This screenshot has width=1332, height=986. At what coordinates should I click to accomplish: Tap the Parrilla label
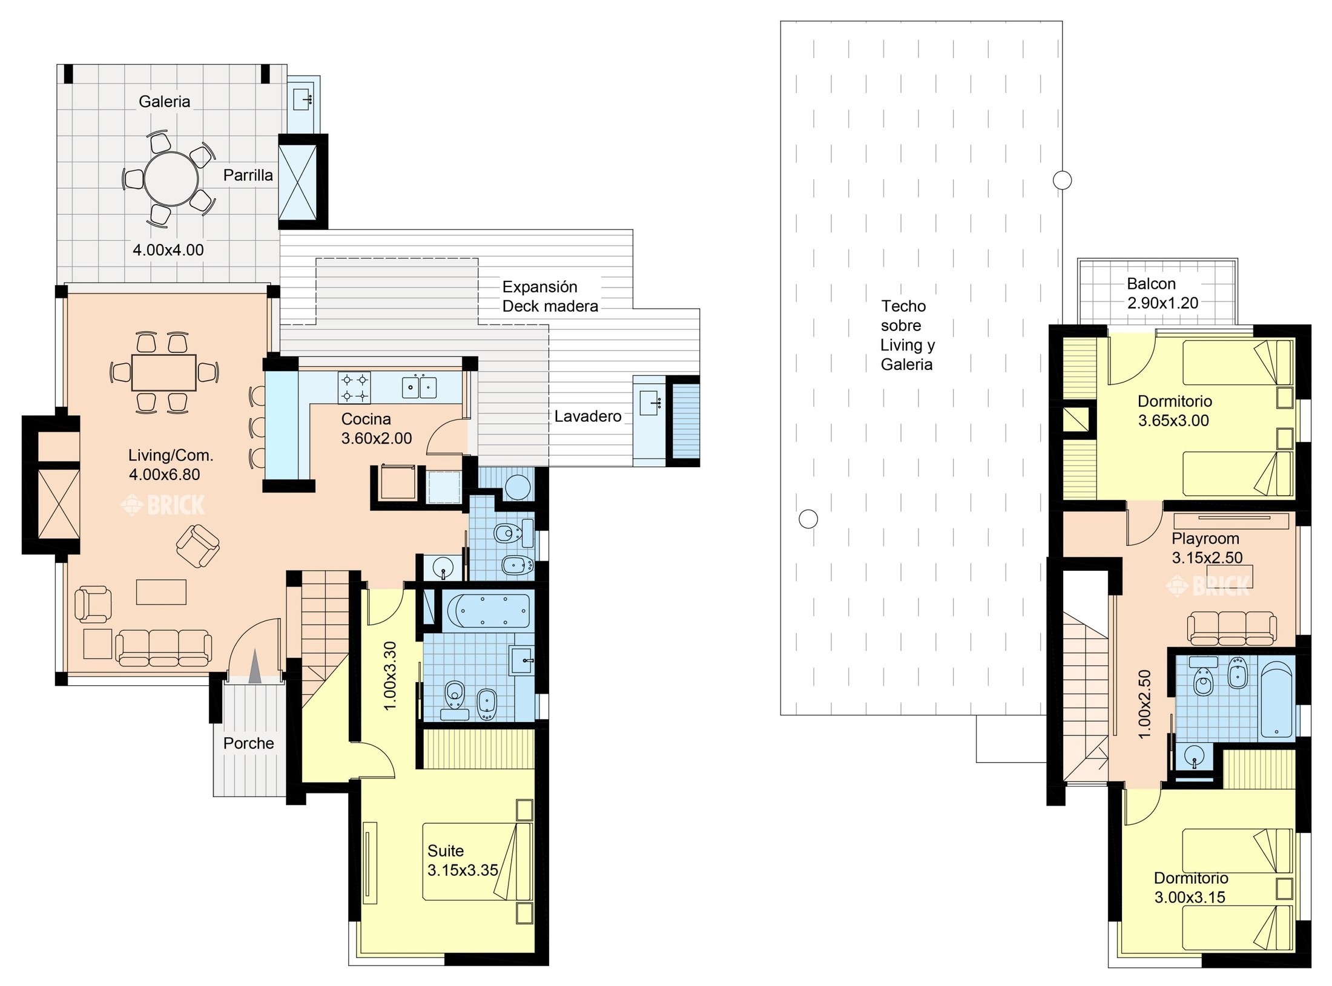click(x=248, y=176)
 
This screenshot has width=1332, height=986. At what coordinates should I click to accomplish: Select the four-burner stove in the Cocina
click(x=355, y=388)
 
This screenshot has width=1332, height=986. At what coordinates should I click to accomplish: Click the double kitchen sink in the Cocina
click(x=420, y=386)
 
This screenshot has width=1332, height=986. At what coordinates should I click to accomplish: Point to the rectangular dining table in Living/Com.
click(x=163, y=373)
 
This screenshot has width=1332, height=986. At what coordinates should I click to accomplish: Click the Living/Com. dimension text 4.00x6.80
click(x=164, y=475)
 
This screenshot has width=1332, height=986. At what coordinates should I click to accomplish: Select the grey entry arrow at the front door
click(x=255, y=666)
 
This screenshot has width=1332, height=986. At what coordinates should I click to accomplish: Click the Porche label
click(x=248, y=743)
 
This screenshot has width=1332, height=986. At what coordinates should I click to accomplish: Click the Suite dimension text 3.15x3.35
click(x=463, y=870)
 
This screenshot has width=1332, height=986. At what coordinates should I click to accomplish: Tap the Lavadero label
click(x=588, y=416)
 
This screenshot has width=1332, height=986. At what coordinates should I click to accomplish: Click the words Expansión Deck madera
click(x=550, y=297)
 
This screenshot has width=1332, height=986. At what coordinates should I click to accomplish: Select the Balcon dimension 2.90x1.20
click(x=1162, y=303)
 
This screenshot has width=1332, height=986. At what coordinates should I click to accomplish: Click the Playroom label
click(x=1205, y=539)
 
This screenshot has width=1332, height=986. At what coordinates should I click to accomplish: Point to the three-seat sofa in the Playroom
click(x=1232, y=628)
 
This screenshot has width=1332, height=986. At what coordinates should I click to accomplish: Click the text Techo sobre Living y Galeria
click(x=908, y=335)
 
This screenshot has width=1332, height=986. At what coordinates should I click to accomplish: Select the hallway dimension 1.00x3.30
click(x=391, y=675)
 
